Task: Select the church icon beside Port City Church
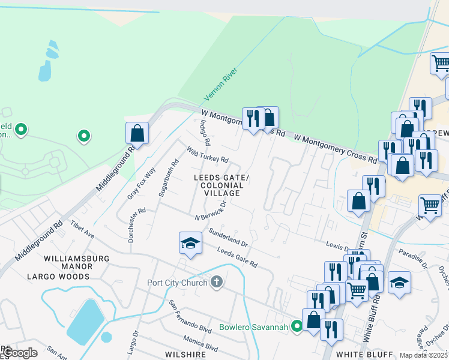pos(217,281)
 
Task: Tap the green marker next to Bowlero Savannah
pos(295,326)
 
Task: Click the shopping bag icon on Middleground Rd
pos(137,133)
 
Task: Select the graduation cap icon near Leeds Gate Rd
pos(190,243)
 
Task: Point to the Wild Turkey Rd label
pos(207,155)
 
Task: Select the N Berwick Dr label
pos(210,211)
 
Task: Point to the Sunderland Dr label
pos(228,237)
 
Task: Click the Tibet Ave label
pos(82,229)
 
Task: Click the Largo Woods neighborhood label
pos(67,277)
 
